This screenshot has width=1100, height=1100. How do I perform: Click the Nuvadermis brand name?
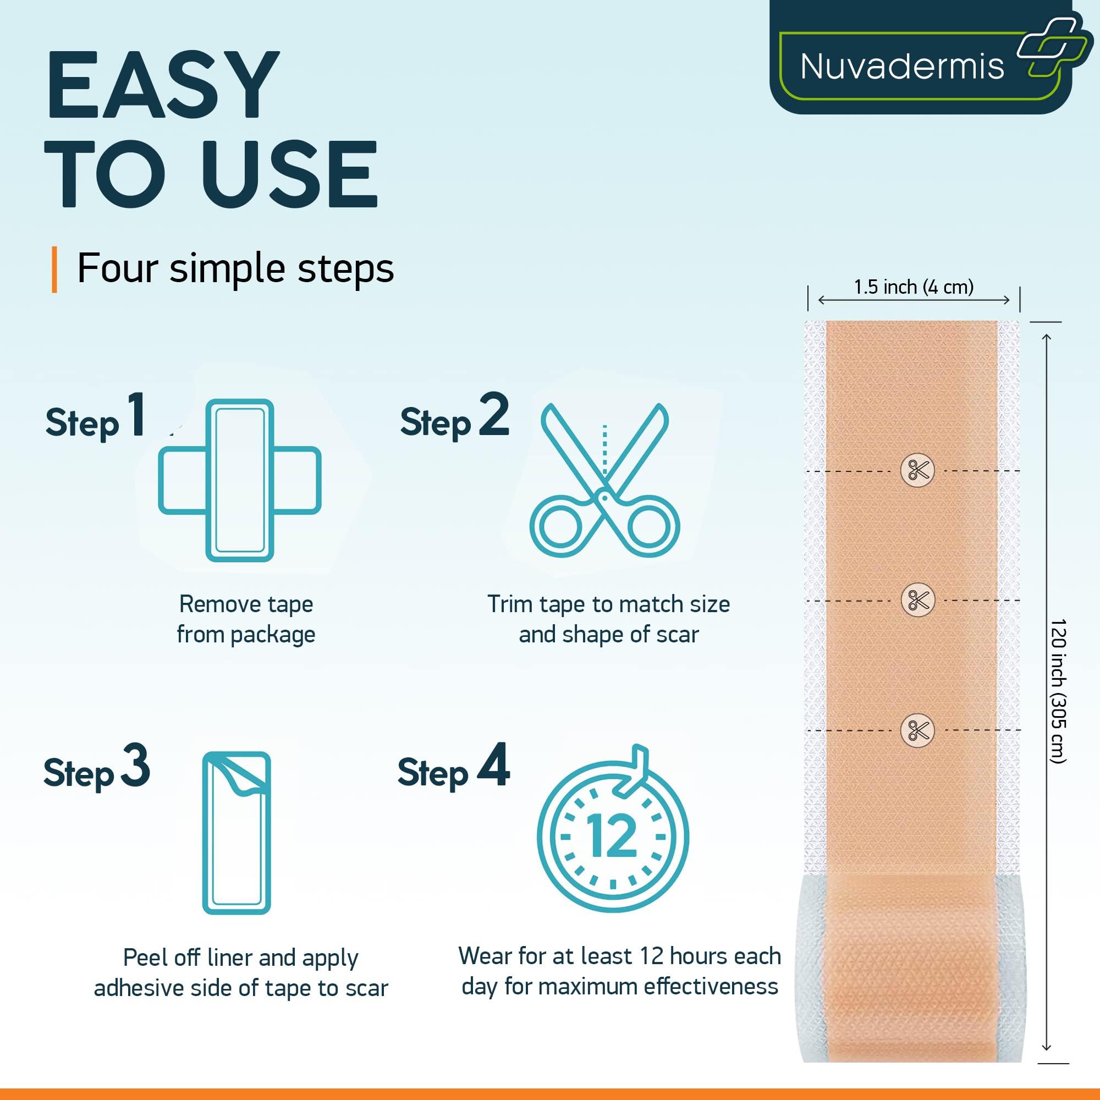(x=902, y=67)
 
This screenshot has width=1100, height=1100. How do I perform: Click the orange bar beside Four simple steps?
(x=54, y=269)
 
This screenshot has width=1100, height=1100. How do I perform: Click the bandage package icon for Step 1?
(x=240, y=480)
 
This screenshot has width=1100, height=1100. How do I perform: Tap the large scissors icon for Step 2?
(x=604, y=480)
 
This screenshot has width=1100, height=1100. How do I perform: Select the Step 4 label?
(x=453, y=769)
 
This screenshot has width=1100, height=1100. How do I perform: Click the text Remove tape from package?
(x=246, y=619)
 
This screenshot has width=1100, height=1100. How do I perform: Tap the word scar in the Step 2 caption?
(x=677, y=634)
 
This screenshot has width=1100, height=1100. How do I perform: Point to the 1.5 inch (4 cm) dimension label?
(x=913, y=287)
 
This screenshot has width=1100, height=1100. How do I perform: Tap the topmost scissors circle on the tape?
(x=917, y=471)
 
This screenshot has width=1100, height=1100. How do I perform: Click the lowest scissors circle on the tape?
(x=917, y=730)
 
